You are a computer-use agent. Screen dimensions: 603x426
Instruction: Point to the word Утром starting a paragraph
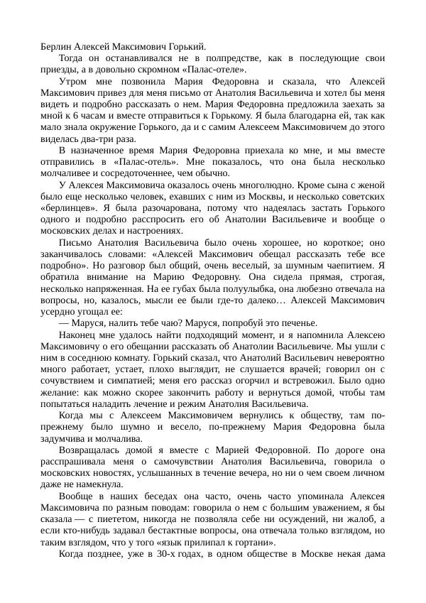click(74, 82)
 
